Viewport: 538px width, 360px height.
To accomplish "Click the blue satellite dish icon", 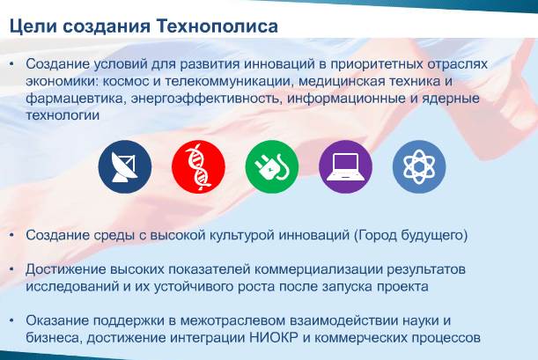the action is pos(125,166).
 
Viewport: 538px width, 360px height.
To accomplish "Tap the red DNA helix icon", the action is pos(198,166).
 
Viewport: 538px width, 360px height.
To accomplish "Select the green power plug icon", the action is pos(272,166).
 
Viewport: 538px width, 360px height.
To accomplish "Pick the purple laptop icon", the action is pos(345,166).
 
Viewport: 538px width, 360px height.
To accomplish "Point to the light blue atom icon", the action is pos(419,166).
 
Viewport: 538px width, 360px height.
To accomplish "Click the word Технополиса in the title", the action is pos(217,26).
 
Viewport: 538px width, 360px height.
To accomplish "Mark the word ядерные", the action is pos(451,99).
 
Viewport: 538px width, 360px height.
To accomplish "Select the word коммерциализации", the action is pos(319,270).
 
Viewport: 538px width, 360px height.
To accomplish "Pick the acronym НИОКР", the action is pos(274,338).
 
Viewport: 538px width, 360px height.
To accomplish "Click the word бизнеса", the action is pos(55,338).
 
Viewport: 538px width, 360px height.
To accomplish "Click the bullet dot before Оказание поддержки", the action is pos(12,320).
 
